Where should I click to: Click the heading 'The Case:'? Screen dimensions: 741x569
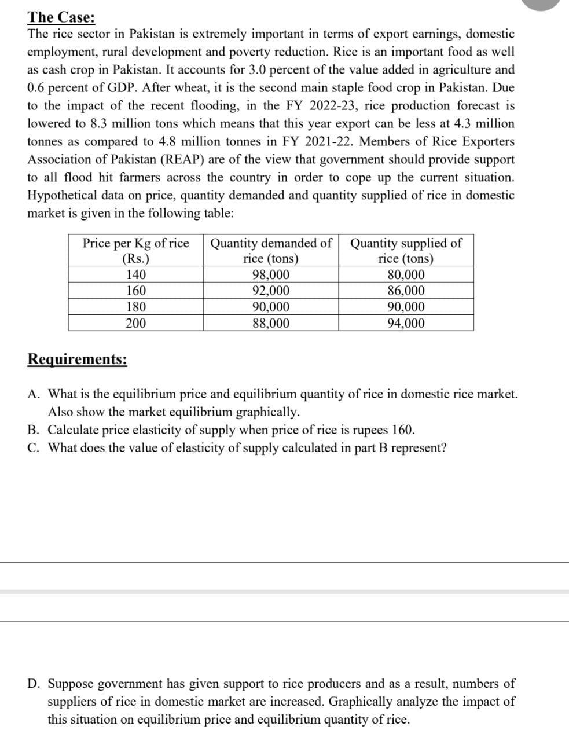coord(62,16)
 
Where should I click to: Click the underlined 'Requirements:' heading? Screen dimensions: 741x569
coord(78,360)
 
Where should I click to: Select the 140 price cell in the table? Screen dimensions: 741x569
coord(135,275)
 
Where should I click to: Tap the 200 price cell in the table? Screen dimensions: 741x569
coord(135,323)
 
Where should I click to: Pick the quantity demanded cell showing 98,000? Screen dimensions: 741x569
coord(271,275)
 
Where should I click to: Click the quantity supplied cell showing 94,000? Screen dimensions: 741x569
coord(406,323)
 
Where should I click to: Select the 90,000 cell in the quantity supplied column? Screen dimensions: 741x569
coord(406,307)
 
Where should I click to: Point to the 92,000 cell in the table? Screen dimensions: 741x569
coord(271,291)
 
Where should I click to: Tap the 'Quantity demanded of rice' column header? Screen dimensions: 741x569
coord(271,250)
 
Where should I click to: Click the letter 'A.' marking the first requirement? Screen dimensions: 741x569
coord(34,394)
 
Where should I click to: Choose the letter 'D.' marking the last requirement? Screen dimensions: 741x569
coord(34,684)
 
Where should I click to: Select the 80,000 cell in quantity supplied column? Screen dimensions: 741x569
coord(406,275)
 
